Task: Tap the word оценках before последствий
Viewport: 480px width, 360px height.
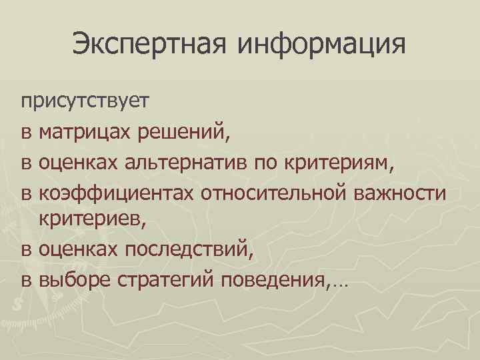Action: point(85,249)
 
